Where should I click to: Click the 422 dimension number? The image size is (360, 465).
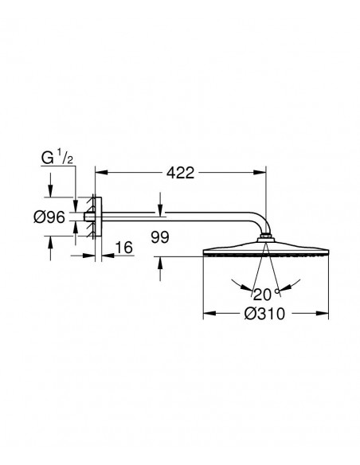coord(180,173)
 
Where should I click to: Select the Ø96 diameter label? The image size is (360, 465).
coord(49,217)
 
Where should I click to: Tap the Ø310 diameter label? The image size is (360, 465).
coord(264,314)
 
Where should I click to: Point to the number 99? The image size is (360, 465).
coord(160,237)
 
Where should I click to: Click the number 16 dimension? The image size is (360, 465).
coord(123,248)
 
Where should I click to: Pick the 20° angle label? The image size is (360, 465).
coord(266,294)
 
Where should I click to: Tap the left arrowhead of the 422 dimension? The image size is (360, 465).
coord(101,172)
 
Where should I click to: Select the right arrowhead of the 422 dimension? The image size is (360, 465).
coord(260,172)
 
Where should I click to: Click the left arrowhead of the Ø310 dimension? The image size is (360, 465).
coord(209,313)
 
